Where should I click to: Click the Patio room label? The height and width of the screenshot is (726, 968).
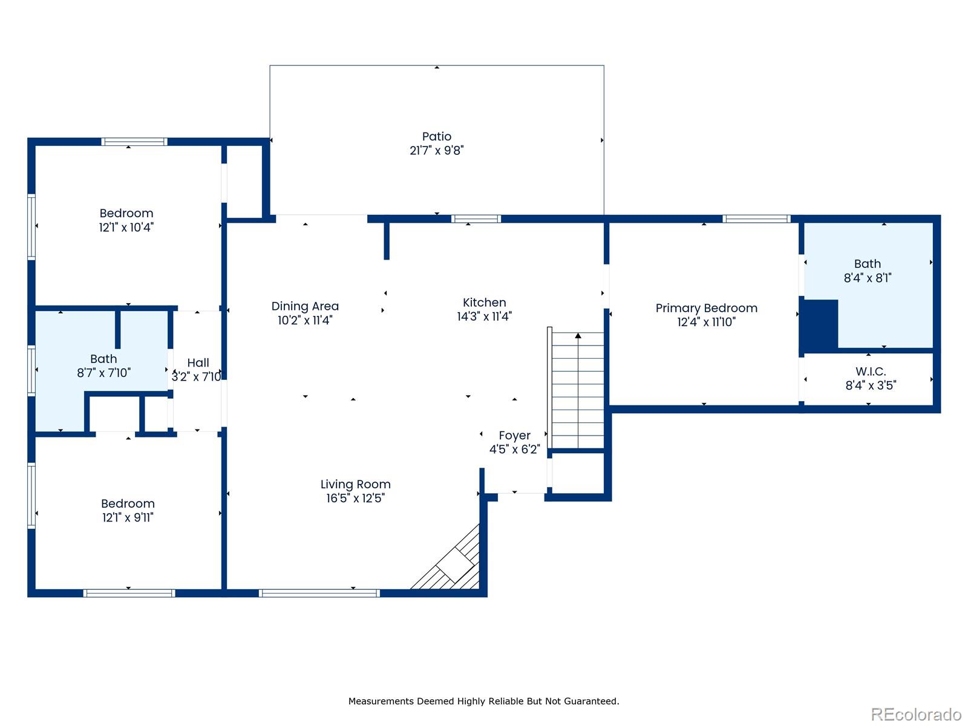click(x=436, y=137)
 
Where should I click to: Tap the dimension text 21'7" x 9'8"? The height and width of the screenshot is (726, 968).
click(x=436, y=151)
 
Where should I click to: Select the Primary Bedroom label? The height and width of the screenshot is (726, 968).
click(x=706, y=308)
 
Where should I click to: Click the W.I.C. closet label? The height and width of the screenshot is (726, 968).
click(x=870, y=371)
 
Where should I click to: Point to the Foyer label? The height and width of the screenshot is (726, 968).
click(x=514, y=436)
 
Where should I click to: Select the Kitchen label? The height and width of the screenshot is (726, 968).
click(x=484, y=302)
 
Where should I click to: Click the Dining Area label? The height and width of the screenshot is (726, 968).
click(x=305, y=306)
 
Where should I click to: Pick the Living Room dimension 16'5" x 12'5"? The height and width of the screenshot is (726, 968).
click(x=355, y=499)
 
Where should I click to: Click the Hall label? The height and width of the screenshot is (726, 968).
click(x=198, y=363)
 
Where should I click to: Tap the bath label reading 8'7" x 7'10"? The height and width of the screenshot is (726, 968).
click(x=103, y=373)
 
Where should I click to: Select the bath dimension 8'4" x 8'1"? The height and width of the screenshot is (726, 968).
click(x=867, y=278)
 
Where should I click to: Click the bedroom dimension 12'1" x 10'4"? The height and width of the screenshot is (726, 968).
click(x=126, y=227)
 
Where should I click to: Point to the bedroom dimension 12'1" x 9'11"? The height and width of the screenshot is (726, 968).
click(x=128, y=518)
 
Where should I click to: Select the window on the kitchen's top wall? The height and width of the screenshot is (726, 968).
click(x=476, y=219)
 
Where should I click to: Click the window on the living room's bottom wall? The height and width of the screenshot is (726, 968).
click(x=319, y=593)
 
